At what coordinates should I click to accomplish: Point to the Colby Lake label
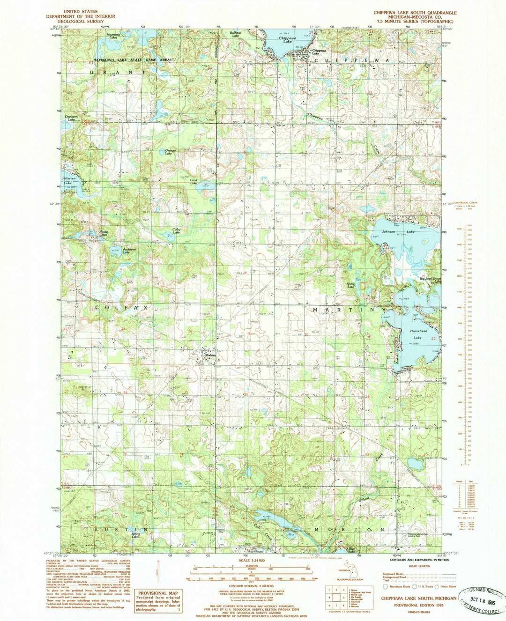pos(176,230)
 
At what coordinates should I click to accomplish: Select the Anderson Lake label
pos(129,251)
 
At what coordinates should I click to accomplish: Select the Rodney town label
pos(210,355)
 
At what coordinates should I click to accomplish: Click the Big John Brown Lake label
pos(430,280)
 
